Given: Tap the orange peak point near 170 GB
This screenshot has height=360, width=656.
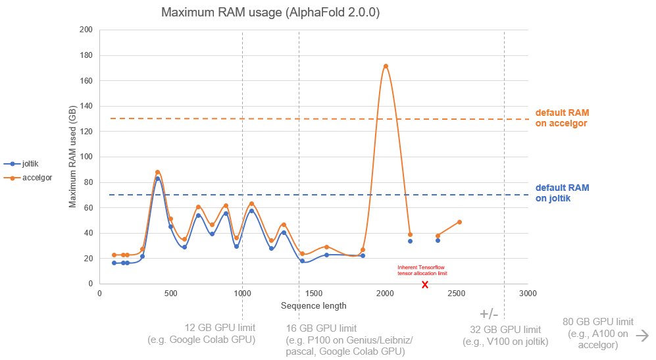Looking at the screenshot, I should [x=386, y=66].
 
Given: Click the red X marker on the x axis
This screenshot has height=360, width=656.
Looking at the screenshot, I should [x=425, y=284].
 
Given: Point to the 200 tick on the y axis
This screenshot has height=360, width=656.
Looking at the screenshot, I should [x=86, y=30].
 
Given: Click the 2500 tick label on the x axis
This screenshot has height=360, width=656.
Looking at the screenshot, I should [x=455, y=293].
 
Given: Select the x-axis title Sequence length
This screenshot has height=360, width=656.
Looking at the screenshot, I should [x=313, y=305].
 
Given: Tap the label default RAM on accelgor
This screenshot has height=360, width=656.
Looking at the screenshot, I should [x=561, y=118].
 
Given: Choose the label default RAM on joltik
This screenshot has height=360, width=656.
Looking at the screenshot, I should [x=562, y=192].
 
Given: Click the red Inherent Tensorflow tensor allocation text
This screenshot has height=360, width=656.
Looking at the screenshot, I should [x=422, y=270].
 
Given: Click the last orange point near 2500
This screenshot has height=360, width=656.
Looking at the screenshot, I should [x=459, y=222].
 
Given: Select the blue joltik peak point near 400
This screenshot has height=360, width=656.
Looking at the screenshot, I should [x=158, y=179].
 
